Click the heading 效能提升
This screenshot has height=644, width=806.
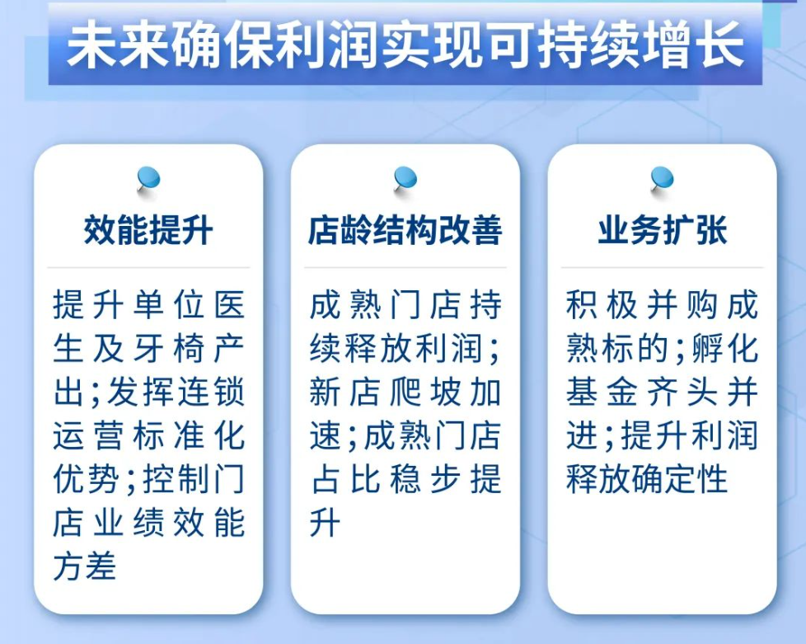coord(148,230)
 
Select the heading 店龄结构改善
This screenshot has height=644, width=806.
coord(405,230)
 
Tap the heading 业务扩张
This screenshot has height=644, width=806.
coord(662,230)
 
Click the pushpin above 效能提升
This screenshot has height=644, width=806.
coord(148,181)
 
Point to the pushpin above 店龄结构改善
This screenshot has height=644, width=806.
coord(405,181)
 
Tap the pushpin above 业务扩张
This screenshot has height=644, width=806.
coord(662,181)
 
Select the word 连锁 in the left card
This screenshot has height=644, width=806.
coord(211,393)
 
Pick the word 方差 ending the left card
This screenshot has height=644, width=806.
coord(85,566)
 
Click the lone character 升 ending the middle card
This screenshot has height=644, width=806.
coord(326,523)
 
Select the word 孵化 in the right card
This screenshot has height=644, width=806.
coord(724,349)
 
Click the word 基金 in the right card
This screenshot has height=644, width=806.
coord(602,393)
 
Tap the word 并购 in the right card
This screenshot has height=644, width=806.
coord(682,305)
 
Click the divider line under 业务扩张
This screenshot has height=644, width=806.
coord(662,267)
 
